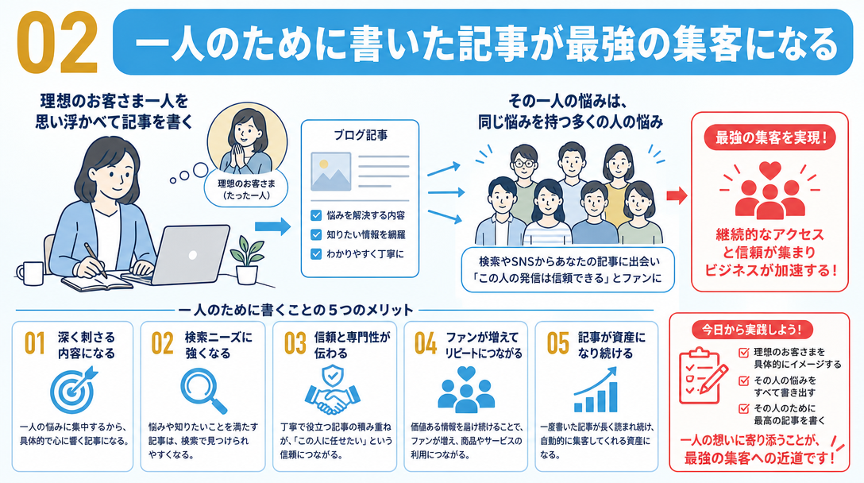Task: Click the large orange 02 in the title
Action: pos(57,42)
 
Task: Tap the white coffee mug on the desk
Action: pos(30,273)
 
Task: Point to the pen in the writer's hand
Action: pos(95,260)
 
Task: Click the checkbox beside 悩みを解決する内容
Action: pos(316,215)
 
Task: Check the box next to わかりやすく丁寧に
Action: pos(316,254)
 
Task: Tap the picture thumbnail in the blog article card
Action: pos(330,172)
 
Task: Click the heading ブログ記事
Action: pos(361,135)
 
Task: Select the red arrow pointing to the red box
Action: pos(677,195)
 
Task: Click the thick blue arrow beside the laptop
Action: pos(272,226)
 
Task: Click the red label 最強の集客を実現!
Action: pos(770,138)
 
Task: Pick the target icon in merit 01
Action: pos(73,389)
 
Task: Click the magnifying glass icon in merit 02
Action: pos(203,390)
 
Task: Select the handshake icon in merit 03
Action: pos(332,390)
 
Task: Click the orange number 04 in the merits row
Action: pos(426,343)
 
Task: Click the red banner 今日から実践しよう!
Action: pos(751,330)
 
